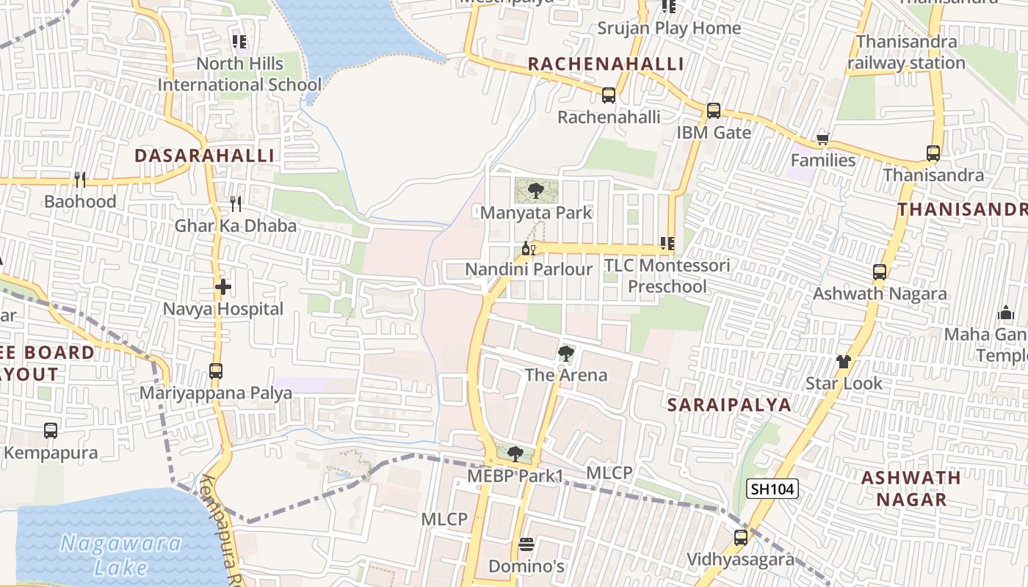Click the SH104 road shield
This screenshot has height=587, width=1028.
pyautogui.click(x=772, y=489)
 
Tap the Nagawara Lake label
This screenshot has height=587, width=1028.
pyautogui.click(x=121, y=555)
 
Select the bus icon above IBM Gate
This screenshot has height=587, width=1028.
pyautogui.click(x=713, y=111)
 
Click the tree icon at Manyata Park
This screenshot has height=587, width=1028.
pyautogui.click(x=536, y=191)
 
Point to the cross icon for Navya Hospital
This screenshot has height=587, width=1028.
pyautogui.click(x=223, y=287)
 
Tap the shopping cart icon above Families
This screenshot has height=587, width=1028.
pyautogui.click(x=823, y=139)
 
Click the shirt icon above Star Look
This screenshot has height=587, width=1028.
pyautogui.click(x=844, y=361)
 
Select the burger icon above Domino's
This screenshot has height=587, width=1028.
pyautogui.click(x=526, y=544)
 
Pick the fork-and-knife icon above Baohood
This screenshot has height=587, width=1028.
pyautogui.click(x=80, y=179)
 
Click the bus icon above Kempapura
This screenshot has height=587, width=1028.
pyautogui.click(x=51, y=431)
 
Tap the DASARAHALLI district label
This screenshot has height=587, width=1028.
pyautogui.click(x=205, y=156)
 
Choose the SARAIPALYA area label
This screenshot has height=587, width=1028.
pyautogui.click(x=729, y=405)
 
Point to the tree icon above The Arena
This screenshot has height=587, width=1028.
pyautogui.click(x=565, y=354)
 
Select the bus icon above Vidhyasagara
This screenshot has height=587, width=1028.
pyautogui.click(x=740, y=538)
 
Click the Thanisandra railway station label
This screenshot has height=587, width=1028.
pyautogui.click(x=906, y=52)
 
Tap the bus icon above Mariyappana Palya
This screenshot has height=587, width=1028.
pyautogui.click(x=215, y=371)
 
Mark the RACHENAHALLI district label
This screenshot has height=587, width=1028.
pyautogui.click(x=606, y=64)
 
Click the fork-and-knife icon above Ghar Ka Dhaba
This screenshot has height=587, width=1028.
pyautogui.click(x=236, y=203)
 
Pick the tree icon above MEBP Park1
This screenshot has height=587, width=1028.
pyautogui.click(x=515, y=453)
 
